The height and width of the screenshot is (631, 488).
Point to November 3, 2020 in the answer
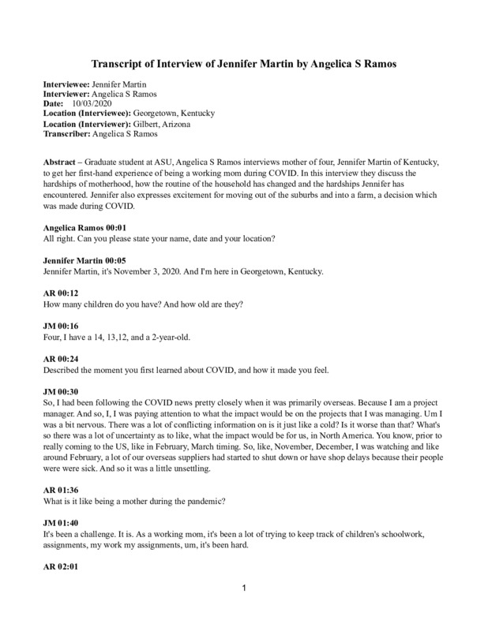pos(150,272)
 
